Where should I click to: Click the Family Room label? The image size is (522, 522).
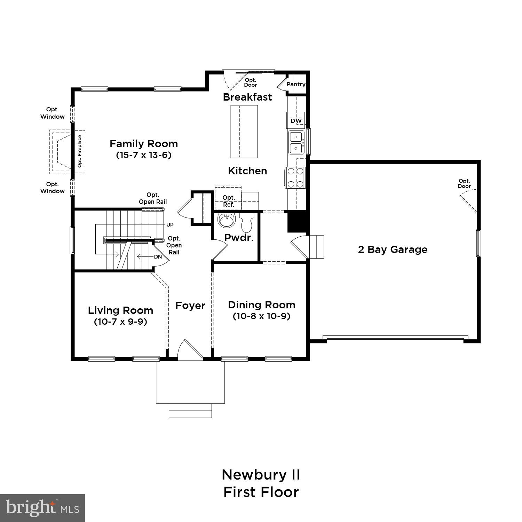pyautogui.click(x=144, y=144)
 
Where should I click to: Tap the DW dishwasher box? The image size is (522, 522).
pyautogui.click(x=296, y=121)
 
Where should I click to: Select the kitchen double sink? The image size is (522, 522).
pyautogui.click(x=296, y=142)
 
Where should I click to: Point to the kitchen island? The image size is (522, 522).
pyautogui.click(x=244, y=132)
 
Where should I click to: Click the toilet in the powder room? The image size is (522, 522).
pyautogui.click(x=247, y=222)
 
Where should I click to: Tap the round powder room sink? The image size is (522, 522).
pyautogui.click(x=227, y=220)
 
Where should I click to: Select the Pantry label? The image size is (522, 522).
pyautogui.click(x=296, y=84)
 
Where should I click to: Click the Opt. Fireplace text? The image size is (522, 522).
pyautogui.click(x=80, y=151)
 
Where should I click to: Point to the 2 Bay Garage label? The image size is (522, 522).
pyautogui.click(x=393, y=250)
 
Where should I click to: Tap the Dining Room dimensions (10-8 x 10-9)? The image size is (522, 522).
pyautogui.click(x=261, y=316)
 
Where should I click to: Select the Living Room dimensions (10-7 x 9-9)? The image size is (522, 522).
pyautogui.click(x=120, y=322)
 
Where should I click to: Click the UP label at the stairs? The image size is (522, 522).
pyautogui.click(x=170, y=225)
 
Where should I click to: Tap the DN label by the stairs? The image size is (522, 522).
pyautogui.click(x=158, y=257)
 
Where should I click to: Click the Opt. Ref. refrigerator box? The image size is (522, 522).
pyautogui.click(x=228, y=201)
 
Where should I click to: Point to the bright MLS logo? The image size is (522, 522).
pyautogui.click(x=42, y=508)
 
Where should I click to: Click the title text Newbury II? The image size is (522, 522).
pyautogui.click(x=261, y=475)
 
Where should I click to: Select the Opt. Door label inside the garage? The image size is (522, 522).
pyautogui.click(x=464, y=183)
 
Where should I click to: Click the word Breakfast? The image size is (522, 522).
pyautogui.click(x=247, y=97)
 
